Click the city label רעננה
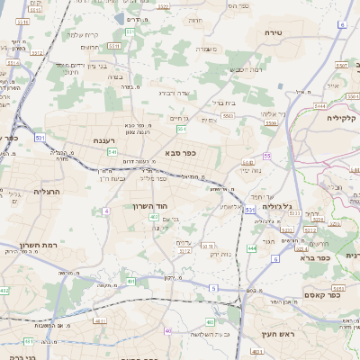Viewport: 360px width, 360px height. coord(105,140)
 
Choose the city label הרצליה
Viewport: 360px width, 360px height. coord(46,191)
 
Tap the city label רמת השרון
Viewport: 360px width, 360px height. coord(39,245)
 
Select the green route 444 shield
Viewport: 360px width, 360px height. coord(251,247)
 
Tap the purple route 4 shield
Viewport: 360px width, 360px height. coord(106,211)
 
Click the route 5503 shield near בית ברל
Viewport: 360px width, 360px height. coord(228,116)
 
